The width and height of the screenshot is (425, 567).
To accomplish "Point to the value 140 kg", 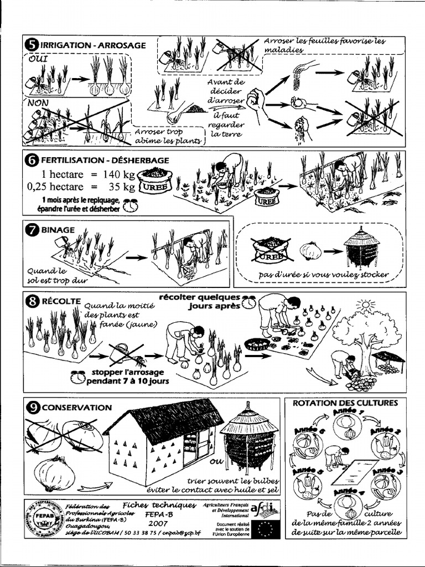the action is (117, 173).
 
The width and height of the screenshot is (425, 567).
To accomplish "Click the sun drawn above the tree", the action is (365, 305).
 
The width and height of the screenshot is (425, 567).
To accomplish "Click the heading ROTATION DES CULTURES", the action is (345, 403).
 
